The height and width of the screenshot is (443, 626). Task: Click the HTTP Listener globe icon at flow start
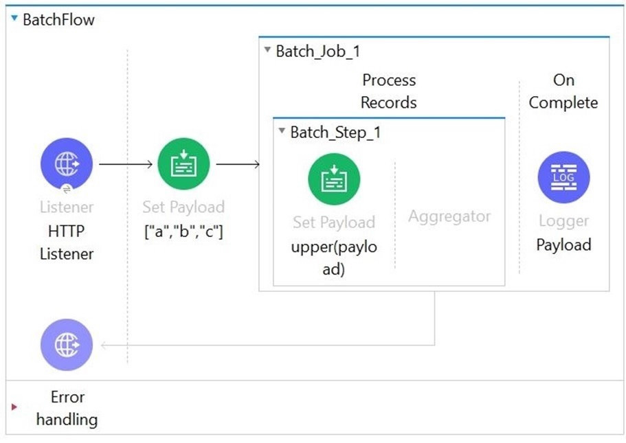[67, 163]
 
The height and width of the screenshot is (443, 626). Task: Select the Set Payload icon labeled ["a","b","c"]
[183, 163]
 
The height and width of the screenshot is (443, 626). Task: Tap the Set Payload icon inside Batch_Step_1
[334, 179]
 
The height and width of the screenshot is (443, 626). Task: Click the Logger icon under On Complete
[563, 177]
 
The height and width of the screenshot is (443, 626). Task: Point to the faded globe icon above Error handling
[67, 345]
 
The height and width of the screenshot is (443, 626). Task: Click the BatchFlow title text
[58, 19]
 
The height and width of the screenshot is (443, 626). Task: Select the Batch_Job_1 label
[317, 51]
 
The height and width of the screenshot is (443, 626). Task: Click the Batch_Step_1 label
[335, 132]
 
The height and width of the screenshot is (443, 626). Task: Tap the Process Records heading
[388, 91]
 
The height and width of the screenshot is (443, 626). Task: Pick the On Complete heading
[563, 91]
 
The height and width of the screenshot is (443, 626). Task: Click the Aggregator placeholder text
[449, 216]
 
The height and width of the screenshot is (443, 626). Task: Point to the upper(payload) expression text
[334, 258]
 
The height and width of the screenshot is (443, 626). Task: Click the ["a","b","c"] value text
[183, 231]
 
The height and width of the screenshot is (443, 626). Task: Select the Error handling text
[67, 408]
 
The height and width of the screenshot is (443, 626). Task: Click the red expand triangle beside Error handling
[14, 407]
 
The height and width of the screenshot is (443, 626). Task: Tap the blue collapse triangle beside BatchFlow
[14, 18]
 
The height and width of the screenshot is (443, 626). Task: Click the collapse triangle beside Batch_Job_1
[267, 50]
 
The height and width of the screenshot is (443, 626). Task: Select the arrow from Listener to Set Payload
[126, 164]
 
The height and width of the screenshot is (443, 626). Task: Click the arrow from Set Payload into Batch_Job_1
[238, 164]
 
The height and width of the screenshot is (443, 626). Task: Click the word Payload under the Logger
[563, 245]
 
